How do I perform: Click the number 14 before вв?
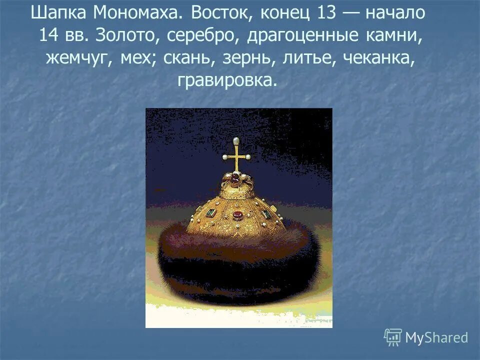pyautogui.click(x=50, y=35)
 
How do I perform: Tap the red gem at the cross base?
pyautogui.click(x=234, y=178)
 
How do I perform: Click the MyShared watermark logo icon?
pyautogui.click(x=393, y=337)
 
